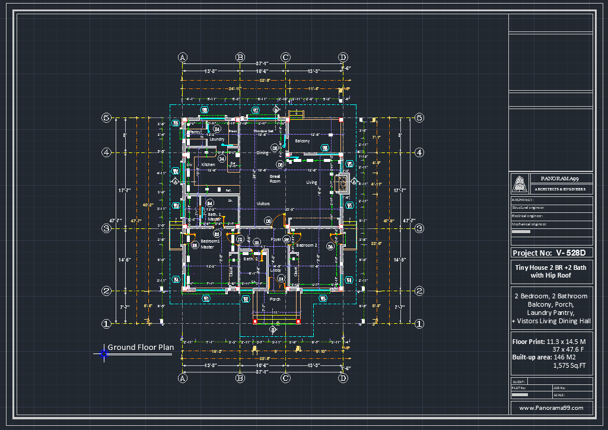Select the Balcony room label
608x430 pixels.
pos(303,141)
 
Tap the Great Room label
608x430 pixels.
pos(275,179)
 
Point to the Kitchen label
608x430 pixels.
pos(208,164)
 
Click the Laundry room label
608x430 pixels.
pos(217,139)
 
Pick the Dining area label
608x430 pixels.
pos(262,152)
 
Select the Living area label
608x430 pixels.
pos(311,183)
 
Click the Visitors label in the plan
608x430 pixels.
pos(263,203)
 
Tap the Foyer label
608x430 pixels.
pos(276,240)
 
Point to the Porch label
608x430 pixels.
pos(275,299)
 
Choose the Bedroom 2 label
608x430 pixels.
pos(307,245)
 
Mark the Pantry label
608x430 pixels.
pos(195,132)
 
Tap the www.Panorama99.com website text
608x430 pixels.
pos(551,408)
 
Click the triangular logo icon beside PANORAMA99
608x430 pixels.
pos(520,184)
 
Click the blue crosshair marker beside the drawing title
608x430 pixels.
pos(104,354)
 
